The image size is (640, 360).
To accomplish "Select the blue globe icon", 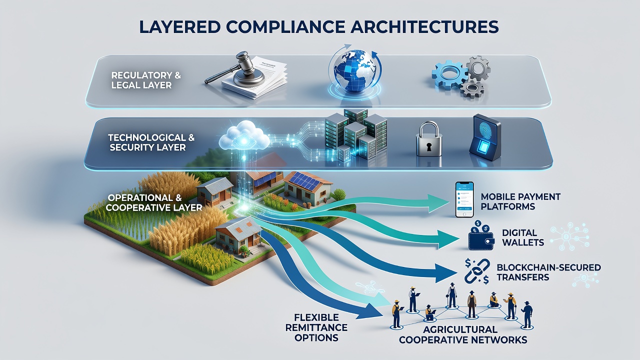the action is click(x=354, y=72).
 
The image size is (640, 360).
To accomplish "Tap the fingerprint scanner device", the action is click(x=485, y=137).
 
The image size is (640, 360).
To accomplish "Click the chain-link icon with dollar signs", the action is click(x=477, y=271).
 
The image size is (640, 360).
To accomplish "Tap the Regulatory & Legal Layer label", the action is click(x=146, y=80).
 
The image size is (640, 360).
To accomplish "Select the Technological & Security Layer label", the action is click(x=151, y=142).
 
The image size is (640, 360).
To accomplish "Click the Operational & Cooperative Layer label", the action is click(x=154, y=202).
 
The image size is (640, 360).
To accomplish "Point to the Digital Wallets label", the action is click(x=523, y=237).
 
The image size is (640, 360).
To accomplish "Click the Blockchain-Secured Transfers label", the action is click(x=549, y=272).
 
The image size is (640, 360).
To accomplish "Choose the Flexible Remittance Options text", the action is click(x=316, y=327).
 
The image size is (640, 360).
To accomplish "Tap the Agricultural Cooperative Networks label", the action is click(x=463, y=334).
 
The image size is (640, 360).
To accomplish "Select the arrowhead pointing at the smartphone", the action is click(x=437, y=203).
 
